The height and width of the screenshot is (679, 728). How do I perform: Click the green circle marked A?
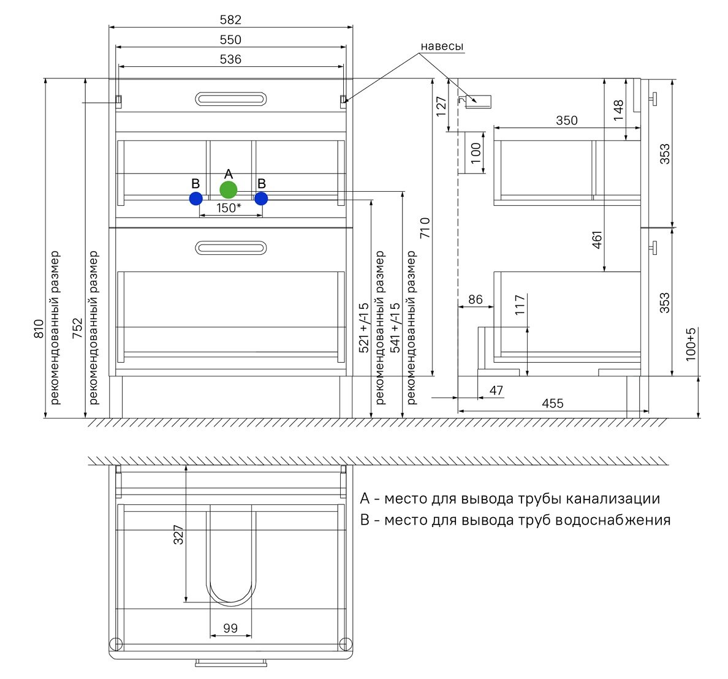pyautogui.click(x=229, y=189)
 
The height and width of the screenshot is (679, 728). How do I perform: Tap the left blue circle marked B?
pyautogui.click(x=196, y=199)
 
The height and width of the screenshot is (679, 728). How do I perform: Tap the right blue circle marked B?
pyautogui.click(x=262, y=199)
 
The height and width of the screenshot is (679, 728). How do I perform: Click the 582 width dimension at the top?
pyautogui.click(x=231, y=20)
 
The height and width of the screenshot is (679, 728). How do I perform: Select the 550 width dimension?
pyautogui.click(x=231, y=40)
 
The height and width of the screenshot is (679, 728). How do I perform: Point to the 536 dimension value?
pyautogui.click(x=231, y=59)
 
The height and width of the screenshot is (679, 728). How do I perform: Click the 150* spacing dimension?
pyautogui.click(x=229, y=208)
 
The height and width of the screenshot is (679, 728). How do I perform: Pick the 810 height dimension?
pyautogui.click(x=39, y=328)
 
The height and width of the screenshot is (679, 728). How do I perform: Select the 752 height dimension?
pyautogui.click(x=78, y=328)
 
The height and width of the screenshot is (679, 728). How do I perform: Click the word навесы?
pyautogui.click(x=442, y=47)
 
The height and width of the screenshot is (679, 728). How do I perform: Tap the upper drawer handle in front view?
pyautogui.click(x=231, y=99)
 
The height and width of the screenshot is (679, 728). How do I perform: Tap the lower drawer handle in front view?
pyautogui.click(x=231, y=248)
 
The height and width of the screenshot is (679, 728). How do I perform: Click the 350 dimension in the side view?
pyautogui.click(x=567, y=121)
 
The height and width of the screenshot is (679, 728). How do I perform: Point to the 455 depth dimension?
pyautogui.click(x=553, y=404)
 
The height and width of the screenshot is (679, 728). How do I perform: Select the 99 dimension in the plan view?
pyautogui.click(x=231, y=628)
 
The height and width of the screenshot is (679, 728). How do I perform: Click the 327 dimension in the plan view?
pyautogui.click(x=178, y=534)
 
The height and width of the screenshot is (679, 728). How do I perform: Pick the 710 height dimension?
pyautogui.click(x=425, y=228)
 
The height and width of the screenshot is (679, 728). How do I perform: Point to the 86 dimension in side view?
pyautogui.click(x=476, y=300)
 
